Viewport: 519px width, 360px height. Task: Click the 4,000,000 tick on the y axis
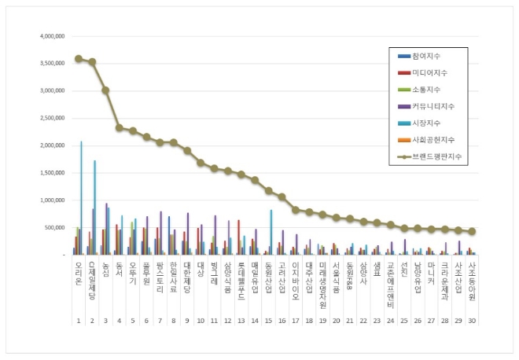50,36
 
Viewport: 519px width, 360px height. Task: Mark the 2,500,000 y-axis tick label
50,118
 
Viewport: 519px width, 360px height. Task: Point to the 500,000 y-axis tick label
52,227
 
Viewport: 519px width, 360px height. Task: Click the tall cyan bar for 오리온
81,198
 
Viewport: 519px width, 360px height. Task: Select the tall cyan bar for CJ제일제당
95,208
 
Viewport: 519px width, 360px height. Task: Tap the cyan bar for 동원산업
271,232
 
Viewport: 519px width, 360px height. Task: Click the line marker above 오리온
78,58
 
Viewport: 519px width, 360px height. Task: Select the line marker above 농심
105,90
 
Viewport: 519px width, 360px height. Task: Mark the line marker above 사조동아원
472,231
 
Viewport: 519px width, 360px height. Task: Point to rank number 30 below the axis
472,321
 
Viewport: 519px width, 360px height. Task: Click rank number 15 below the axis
268,321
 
